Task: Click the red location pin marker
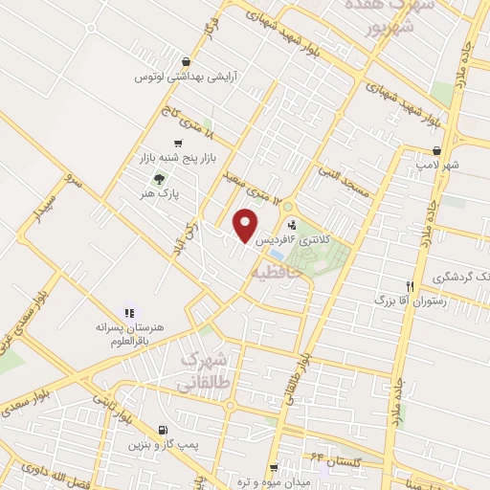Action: pos(247,226)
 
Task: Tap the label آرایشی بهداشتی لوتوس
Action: pos(184,75)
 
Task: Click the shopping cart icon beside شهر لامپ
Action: pos(437,150)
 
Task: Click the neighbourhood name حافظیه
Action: pos(278,273)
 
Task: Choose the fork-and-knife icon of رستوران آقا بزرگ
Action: pos(410,286)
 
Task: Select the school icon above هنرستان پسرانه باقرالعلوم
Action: pos(130,313)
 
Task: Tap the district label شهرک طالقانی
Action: pos(204,370)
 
